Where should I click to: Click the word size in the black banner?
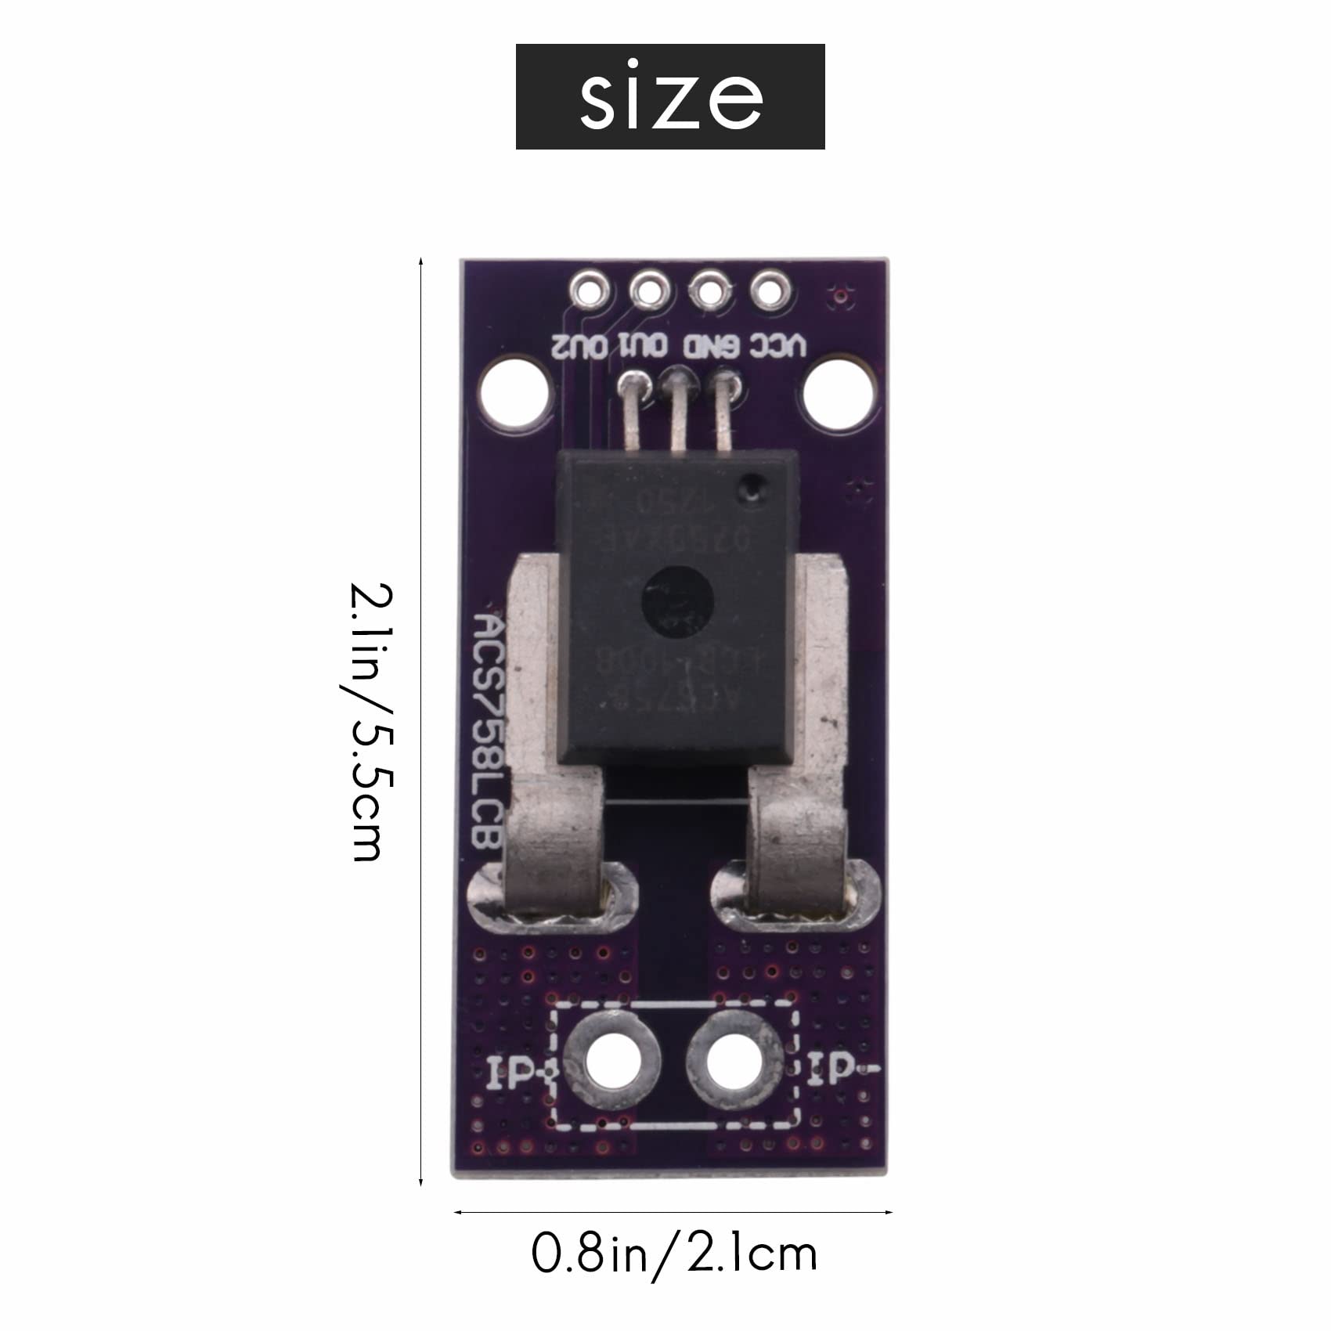click(x=670, y=97)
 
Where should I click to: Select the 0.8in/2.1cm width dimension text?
click(x=674, y=1253)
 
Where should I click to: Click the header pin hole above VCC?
click(x=770, y=291)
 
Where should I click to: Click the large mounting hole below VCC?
click(x=839, y=394)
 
